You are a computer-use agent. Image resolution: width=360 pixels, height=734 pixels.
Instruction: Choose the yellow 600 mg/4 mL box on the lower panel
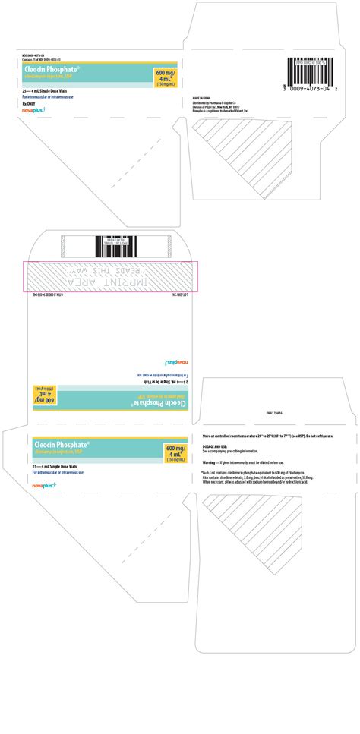tap(178, 453)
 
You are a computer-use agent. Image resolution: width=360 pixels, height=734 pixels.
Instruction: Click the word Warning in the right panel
tap(212, 462)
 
